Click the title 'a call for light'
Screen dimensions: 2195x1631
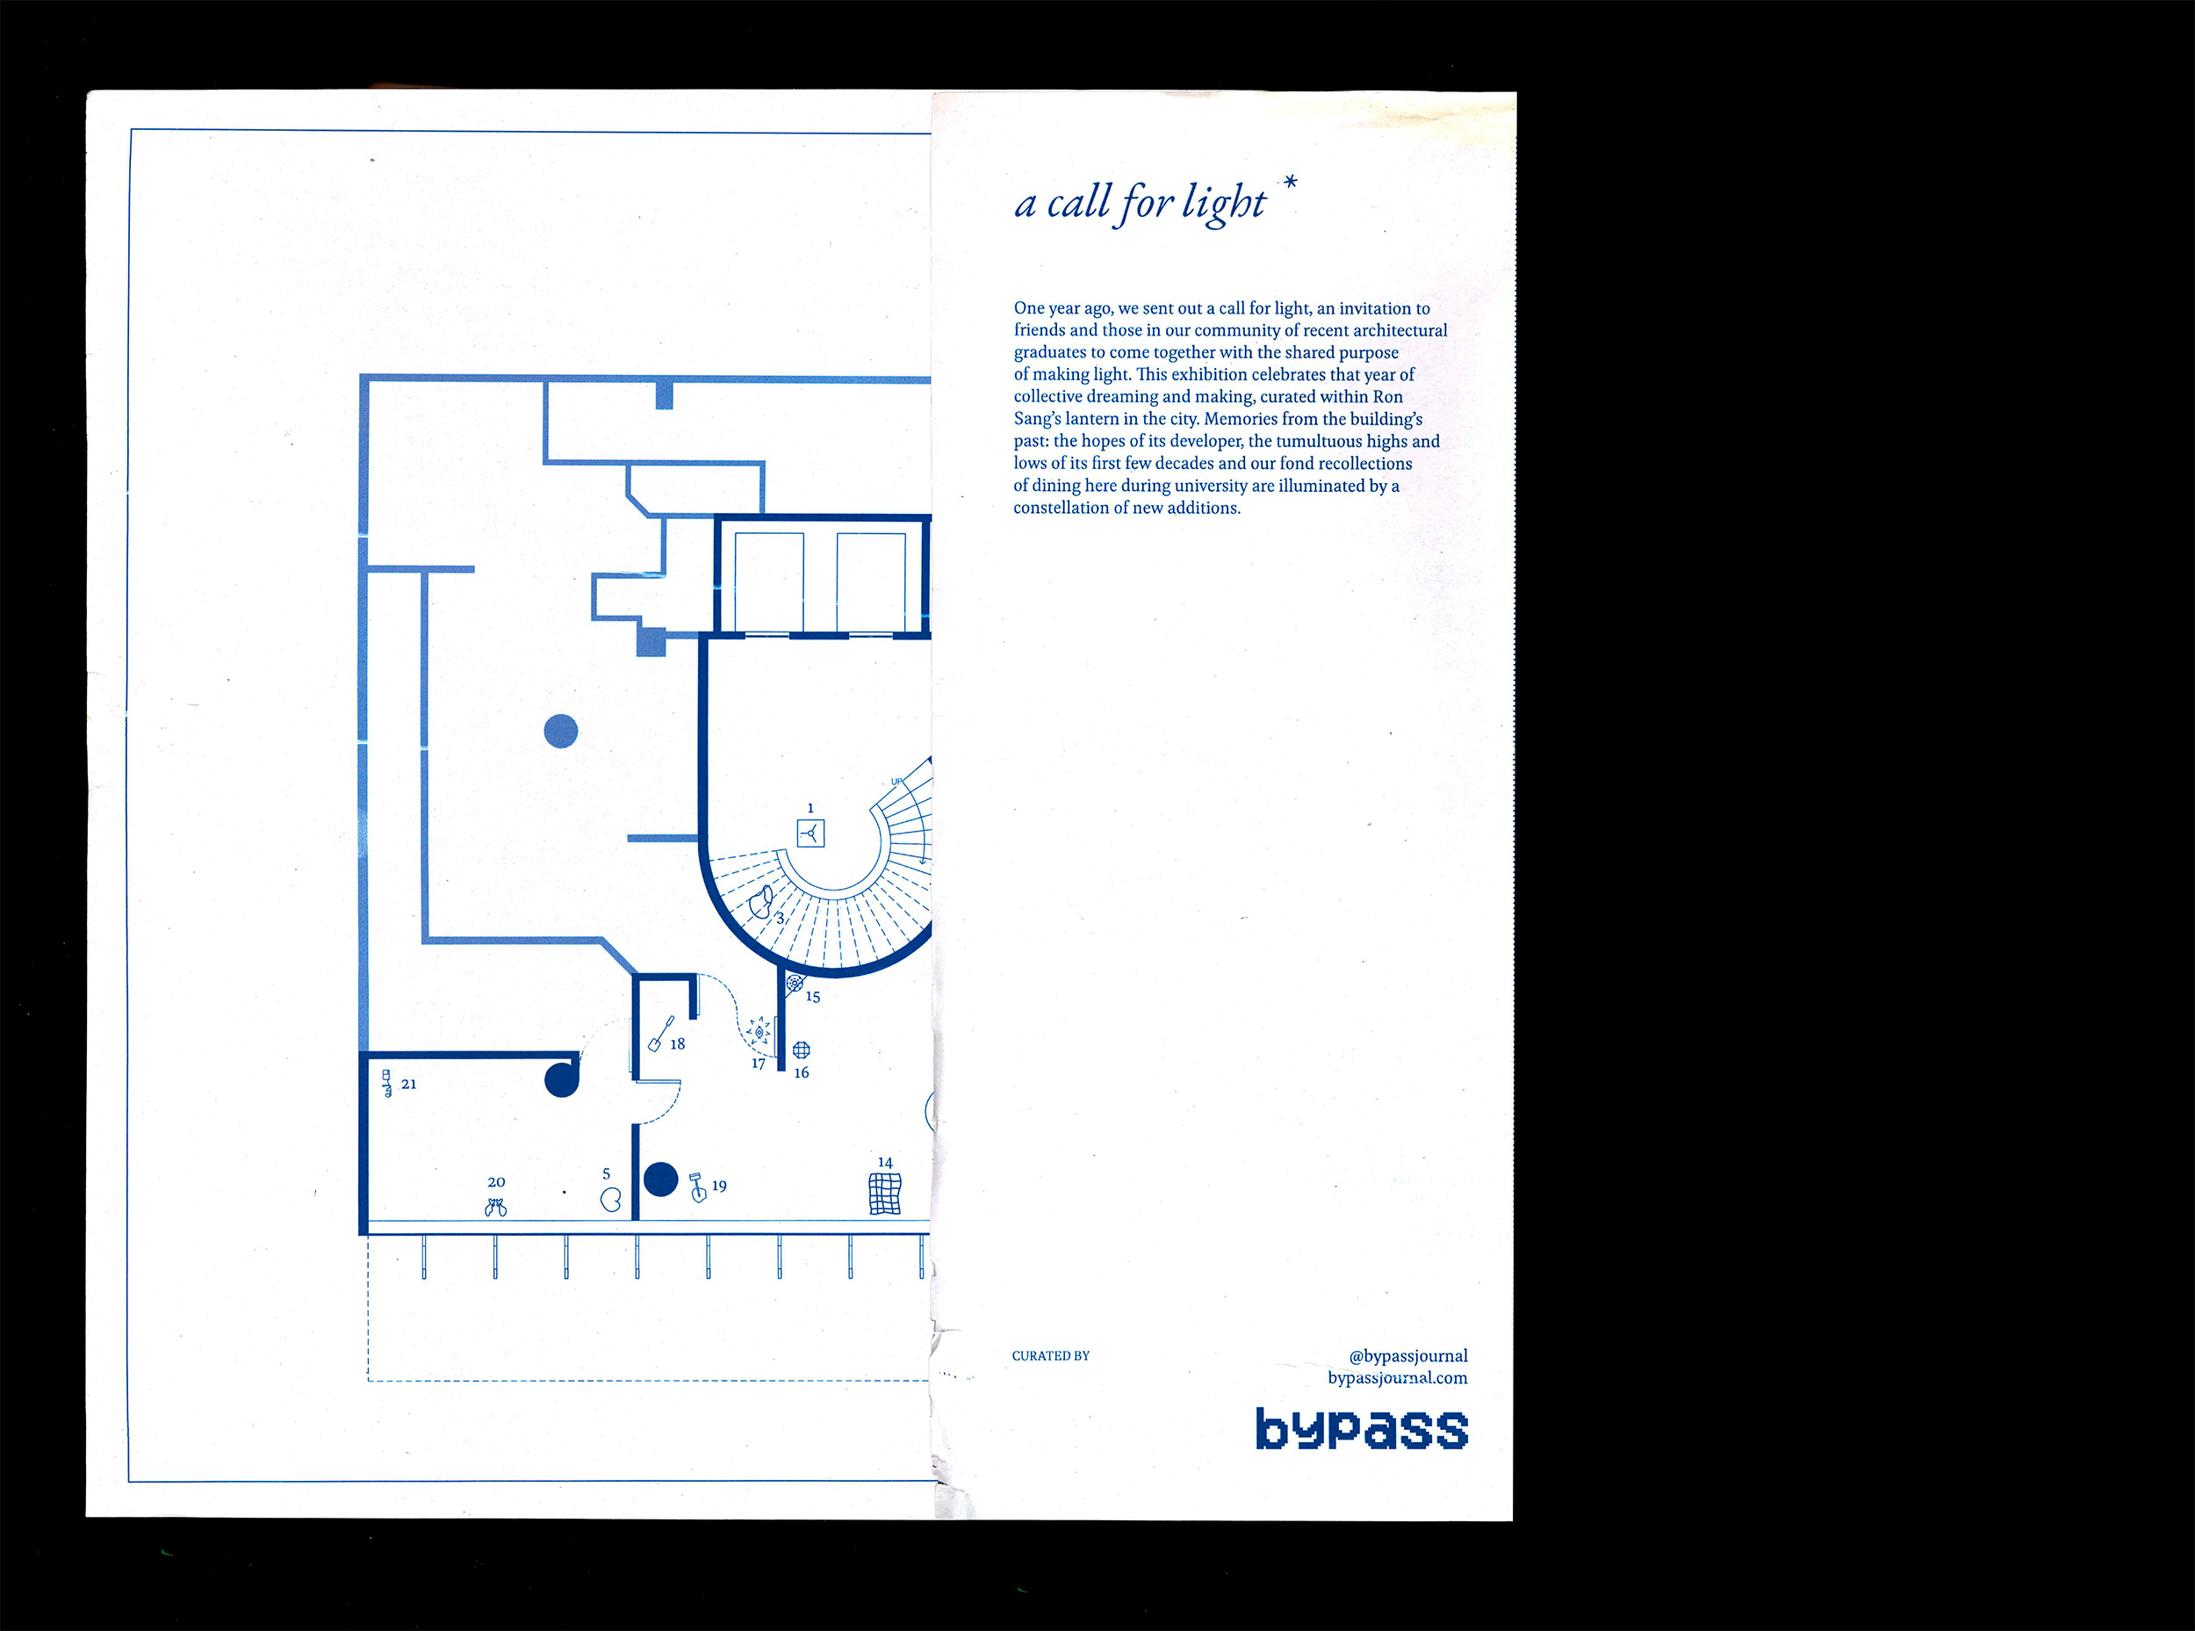[1140, 205]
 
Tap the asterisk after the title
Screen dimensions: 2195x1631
[1290, 183]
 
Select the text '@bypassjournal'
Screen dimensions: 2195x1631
[1407, 1355]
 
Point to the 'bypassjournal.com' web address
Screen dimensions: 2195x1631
[1397, 1378]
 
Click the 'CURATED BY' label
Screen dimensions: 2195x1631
[1050, 1355]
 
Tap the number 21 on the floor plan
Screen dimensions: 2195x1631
[408, 1084]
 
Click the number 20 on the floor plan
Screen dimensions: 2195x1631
[496, 1182]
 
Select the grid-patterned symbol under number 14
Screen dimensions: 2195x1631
[884, 1194]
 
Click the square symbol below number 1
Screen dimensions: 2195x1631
[810, 834]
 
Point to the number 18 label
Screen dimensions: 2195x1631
[677, 1043]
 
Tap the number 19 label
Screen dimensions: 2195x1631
[718, 1186]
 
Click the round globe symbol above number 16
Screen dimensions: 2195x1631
[802, 1050]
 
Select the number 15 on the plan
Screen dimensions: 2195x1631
[812, 996]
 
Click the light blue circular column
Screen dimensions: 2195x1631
[560, 731]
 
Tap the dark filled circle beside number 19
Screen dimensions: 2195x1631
[660, 1179]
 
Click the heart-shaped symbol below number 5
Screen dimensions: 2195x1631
[611, 1199]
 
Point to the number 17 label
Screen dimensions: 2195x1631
[758, 1064]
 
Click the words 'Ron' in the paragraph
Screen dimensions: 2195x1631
[1387, 397]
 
